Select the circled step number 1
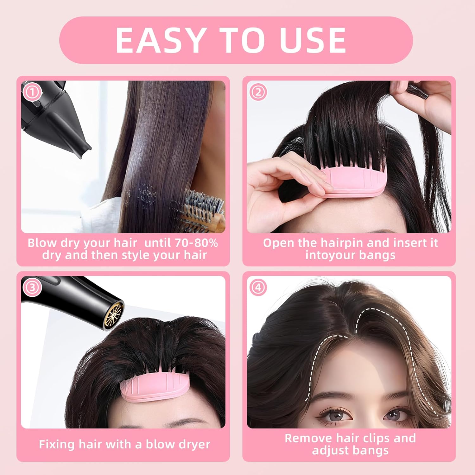coord(33,92)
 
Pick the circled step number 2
coord(258,92)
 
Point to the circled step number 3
coord(32,288)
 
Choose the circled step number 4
coord(258,288)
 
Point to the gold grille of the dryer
coord(114,314)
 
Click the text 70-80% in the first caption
coord(196,243)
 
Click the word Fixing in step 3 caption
coord(57,445)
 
